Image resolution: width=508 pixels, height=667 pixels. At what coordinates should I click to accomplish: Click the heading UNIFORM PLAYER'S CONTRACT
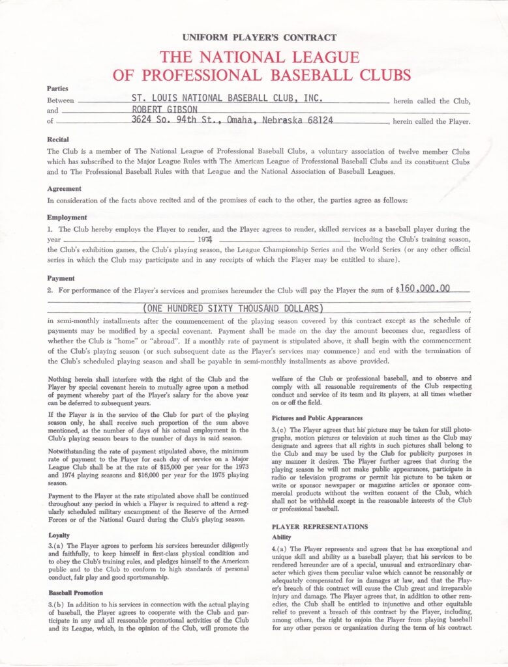tap(260, 38)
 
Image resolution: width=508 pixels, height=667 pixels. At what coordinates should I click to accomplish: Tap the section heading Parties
tap(57, 88)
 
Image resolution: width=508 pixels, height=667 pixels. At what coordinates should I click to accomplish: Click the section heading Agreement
tap(64, 189)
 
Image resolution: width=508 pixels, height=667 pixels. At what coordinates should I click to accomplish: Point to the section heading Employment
tap(67, 218)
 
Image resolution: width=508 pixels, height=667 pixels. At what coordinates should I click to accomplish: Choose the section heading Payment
tap(61, 277)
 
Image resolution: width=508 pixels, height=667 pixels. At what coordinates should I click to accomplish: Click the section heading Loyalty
tap(59, 535)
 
